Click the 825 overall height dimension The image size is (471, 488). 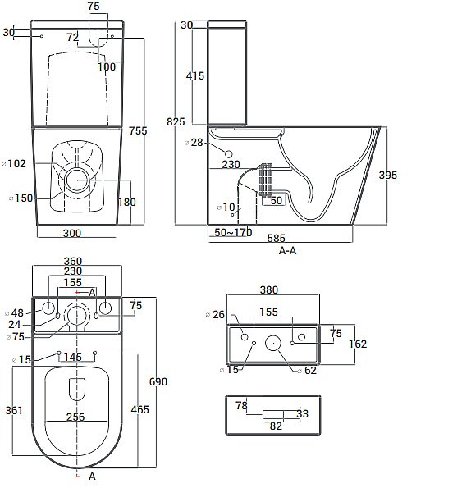coord(176,121)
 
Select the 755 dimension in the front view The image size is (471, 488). coord(138,130)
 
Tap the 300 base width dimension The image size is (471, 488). coord(72,233)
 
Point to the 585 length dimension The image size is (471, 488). coord(277,238)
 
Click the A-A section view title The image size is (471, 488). coord(287,250)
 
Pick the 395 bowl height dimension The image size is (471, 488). coord(388,176)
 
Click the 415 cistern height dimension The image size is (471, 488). coord(195,76)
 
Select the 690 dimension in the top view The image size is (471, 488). coord(158,381)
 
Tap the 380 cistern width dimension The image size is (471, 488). coord(269,290)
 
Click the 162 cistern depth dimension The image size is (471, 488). coord(358,344)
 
